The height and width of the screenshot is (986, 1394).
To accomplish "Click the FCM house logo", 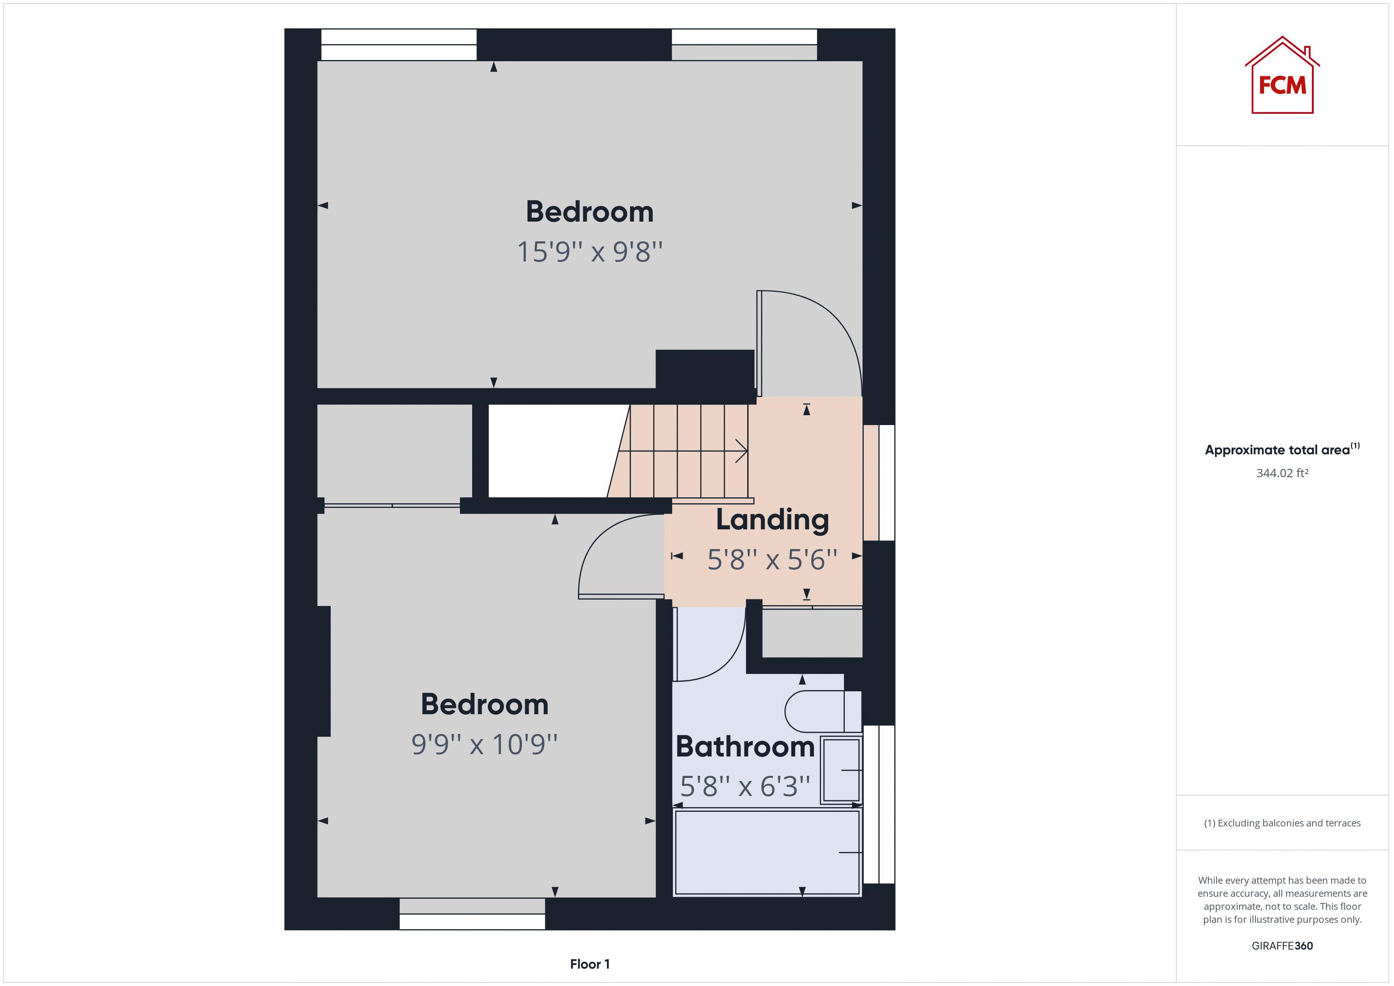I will click(1282, 77).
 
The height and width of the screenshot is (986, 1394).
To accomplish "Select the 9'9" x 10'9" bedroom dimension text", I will click(484, 744).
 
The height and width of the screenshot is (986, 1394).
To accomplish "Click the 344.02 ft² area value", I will click(1282, 473).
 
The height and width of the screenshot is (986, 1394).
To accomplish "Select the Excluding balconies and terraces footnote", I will click(1282, 823).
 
